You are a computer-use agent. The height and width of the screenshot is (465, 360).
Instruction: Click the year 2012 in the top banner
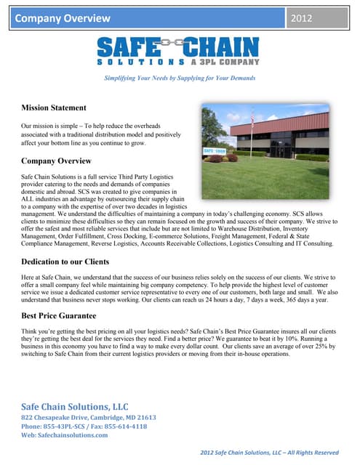(x=301, y=18)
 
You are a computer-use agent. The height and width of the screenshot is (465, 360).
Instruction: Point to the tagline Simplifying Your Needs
(x=179, y=78)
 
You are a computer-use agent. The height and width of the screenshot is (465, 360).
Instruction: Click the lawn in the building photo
(x=276, y=174)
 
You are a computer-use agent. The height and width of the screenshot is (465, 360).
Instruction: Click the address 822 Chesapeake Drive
(x=89, y=418)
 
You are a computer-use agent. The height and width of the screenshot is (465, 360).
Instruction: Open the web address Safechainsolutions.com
(x=72, y=435)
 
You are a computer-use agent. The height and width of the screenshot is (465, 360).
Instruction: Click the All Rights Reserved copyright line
(x=270, y=453)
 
